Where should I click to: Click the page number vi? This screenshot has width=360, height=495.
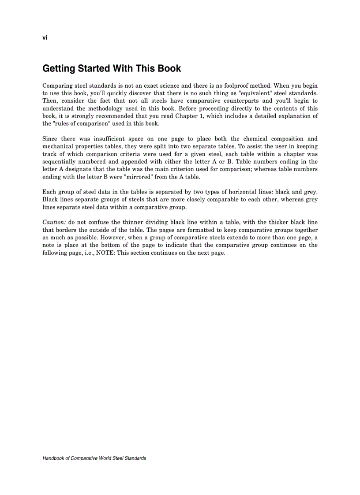coord(45,38)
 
